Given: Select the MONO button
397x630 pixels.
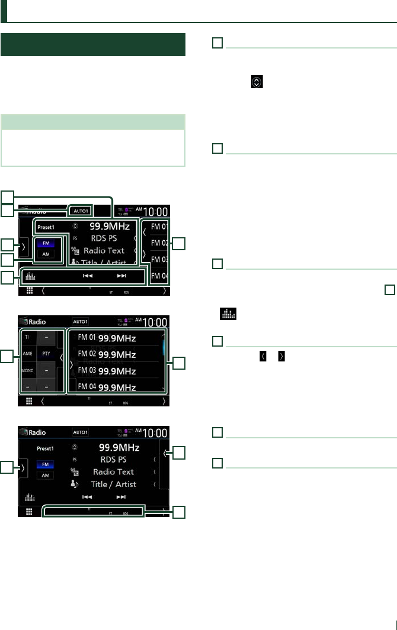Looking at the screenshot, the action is click(x=27, y=370).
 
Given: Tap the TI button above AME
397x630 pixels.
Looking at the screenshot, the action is click(x=27, y=335).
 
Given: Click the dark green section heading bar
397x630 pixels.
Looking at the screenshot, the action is click(x=93, y=45).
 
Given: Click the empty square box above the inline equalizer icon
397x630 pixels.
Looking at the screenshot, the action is click(x=389, y=290).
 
